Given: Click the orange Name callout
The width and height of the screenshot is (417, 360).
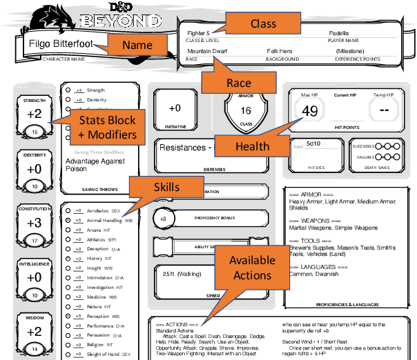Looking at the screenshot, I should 142,46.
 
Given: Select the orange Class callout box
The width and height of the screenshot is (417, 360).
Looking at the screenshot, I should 262,24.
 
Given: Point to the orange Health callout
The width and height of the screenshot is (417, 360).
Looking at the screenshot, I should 252,146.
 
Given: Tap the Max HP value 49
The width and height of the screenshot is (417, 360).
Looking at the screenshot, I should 310,111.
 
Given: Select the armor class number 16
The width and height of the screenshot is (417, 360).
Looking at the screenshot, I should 245,110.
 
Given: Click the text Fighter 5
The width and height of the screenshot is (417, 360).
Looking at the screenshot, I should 198,32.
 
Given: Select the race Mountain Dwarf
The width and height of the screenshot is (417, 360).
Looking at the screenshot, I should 208,51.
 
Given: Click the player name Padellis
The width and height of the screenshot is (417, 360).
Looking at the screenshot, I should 338,32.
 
